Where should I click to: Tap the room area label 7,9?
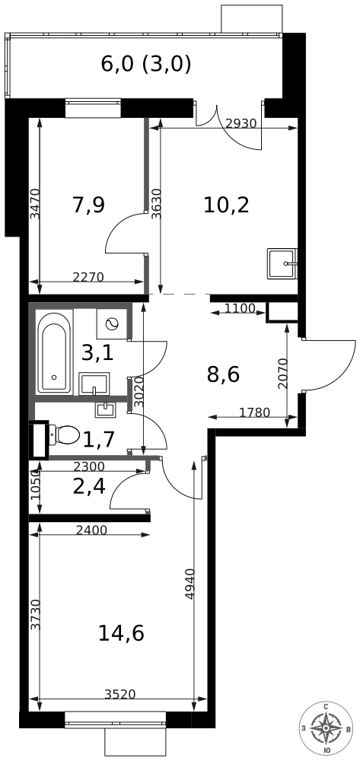click(88, 205)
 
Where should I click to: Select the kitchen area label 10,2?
click(226, 205)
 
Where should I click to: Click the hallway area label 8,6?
click(224, 374)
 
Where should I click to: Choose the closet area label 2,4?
click(88, 486)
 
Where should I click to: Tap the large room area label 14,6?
click(121, 632)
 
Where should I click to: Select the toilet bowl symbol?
click(65, 435)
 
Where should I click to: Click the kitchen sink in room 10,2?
click(282, 263)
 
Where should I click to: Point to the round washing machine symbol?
click(114, 323)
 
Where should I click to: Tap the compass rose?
click(326, 728)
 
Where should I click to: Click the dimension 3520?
click(120, 694)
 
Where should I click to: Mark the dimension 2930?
click(241, 124)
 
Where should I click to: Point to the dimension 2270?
click(88, 277)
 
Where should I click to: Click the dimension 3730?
click(34, 614)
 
